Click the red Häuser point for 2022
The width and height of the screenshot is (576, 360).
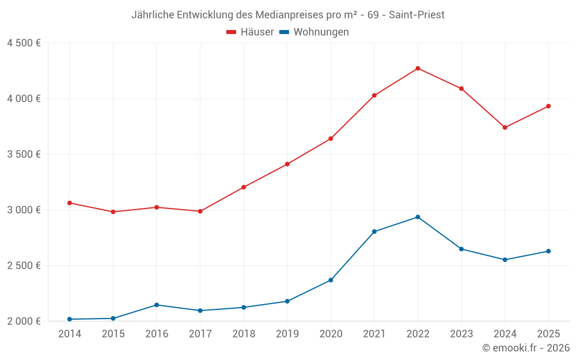(x=418, y=69)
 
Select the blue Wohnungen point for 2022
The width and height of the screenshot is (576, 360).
(x=418, y=217)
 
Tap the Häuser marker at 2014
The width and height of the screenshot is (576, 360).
(x=70, y=203)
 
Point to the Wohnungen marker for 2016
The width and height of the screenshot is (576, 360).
(x=157, y=305)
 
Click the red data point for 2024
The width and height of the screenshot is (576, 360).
(x=505, y=127)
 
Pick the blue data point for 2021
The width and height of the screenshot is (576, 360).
(x=374, y=232)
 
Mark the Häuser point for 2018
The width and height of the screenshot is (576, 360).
(x=244, y=187)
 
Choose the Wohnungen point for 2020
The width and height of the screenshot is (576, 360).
(x=331, y=280)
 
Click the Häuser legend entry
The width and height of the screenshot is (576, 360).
(x=250, y=32)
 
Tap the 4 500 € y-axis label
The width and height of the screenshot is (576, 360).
(x=24, y=43)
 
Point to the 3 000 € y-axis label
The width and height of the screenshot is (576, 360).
(x=24, y=210)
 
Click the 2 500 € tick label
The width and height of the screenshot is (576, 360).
(x=24, y=266)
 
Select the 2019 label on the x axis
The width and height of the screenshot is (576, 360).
(x=287, y=334)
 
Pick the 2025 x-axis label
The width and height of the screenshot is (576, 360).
(x=548, y=334)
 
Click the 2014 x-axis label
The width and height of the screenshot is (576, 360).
(x=70, y=334)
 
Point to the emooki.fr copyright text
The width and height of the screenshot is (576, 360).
(x=525, y=348)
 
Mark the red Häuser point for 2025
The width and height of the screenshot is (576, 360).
(x=548, y=106)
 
